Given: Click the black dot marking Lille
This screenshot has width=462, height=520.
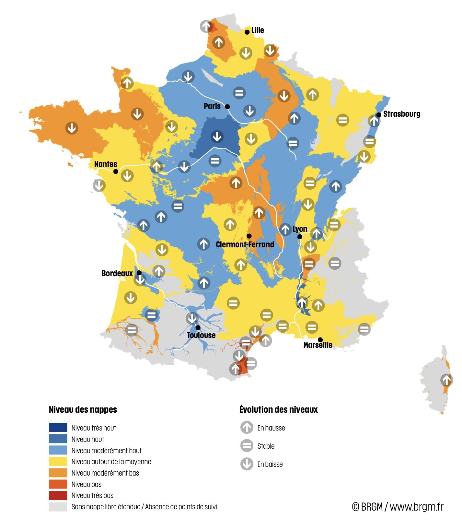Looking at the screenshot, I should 247,32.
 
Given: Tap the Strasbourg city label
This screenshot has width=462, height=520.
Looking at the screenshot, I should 401,114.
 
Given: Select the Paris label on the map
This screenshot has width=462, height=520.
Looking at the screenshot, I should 212,106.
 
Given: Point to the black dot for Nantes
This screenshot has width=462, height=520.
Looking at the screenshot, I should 116,171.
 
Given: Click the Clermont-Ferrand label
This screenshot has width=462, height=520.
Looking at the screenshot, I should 245,244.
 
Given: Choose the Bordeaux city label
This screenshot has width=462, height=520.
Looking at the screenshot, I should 117,273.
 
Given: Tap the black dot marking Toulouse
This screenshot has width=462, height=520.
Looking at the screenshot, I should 198,327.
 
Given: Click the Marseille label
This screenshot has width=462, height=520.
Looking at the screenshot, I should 318,345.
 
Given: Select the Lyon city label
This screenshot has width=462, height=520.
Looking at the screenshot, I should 300,229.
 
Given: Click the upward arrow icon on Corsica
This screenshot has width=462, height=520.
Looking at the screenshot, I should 446,380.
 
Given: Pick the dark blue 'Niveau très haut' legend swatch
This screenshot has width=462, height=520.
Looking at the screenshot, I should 58,427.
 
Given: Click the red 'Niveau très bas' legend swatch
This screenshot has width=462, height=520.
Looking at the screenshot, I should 58,495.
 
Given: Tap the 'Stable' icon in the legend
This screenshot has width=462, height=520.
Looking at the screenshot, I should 247,446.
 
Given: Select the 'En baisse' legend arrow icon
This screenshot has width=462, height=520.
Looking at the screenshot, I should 247,464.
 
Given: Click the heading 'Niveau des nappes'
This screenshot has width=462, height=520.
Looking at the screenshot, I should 83,409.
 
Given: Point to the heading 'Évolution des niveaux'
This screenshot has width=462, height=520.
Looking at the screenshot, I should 278,409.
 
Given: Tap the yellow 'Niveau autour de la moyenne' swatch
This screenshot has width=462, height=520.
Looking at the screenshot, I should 58,461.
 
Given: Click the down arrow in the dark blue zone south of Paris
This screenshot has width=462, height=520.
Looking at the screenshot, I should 217,136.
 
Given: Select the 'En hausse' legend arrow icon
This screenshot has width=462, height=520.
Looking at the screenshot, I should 247,427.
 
